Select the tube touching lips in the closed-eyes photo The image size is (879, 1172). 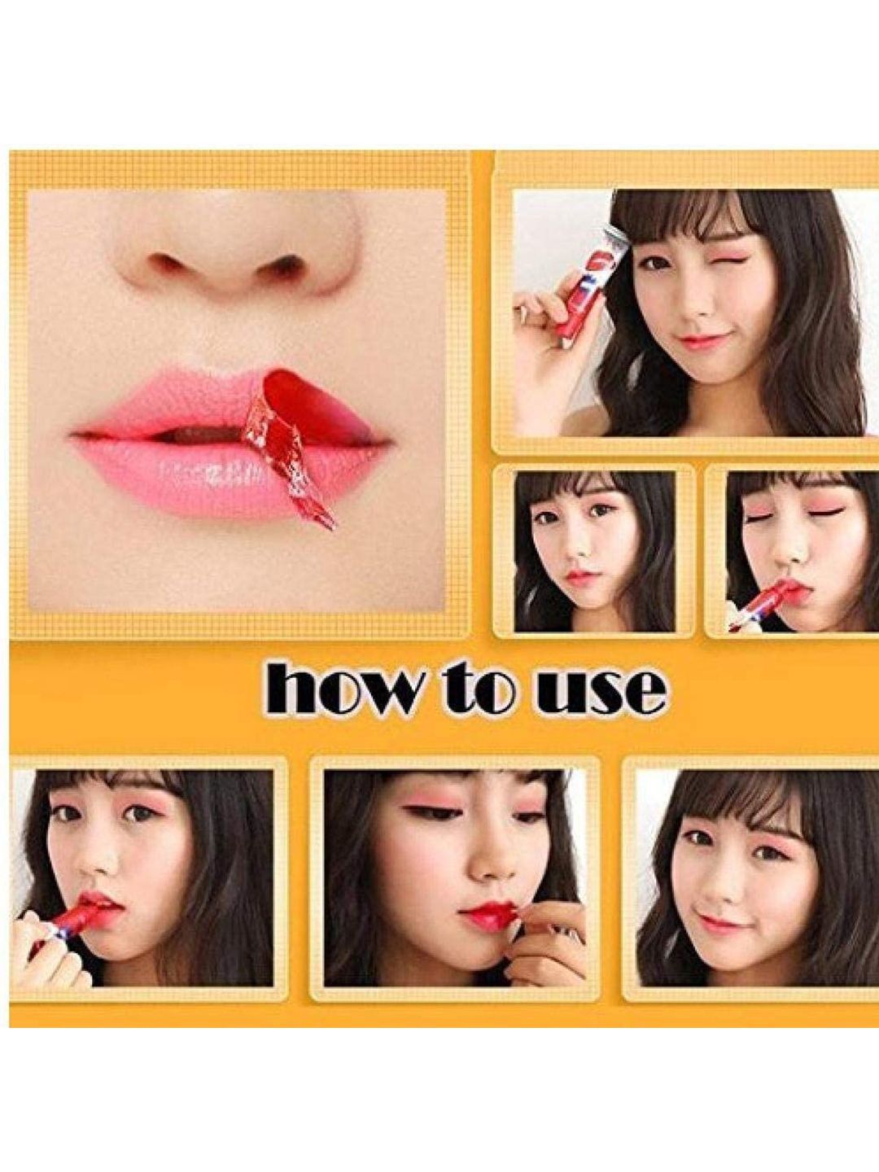tap(757, 601)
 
